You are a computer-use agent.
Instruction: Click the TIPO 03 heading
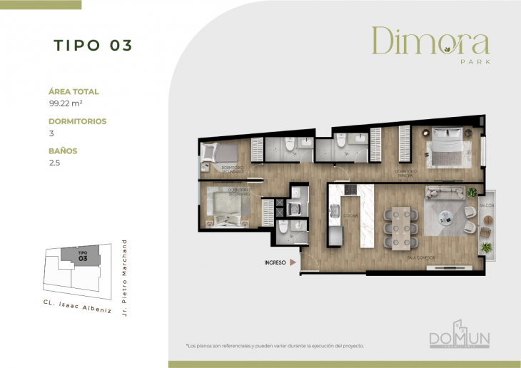pos(93,45)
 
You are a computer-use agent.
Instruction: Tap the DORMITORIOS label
pos(77,121)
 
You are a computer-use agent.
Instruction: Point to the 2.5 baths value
pos(54,163)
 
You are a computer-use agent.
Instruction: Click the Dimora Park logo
pos(430,44)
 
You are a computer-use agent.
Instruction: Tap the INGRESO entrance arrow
pos(292,262)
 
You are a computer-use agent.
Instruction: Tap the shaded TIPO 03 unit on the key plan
pos(83,256)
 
